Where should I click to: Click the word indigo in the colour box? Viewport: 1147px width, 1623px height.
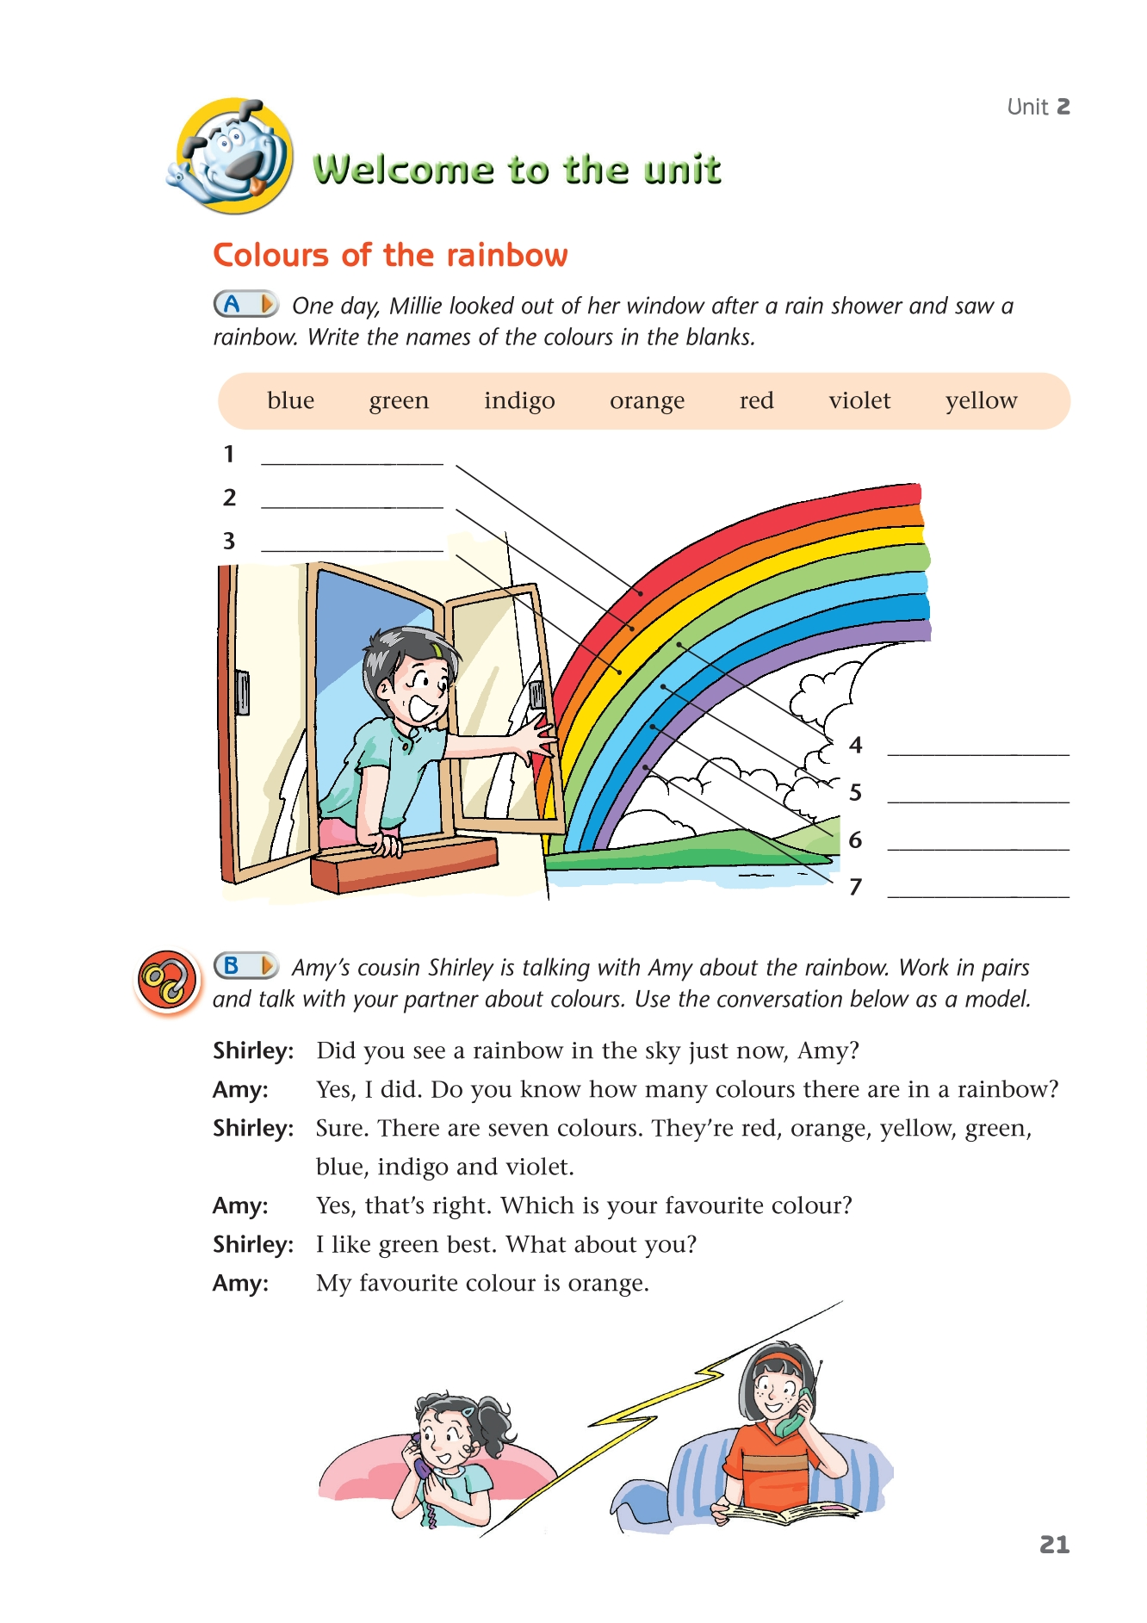click(x=519, y=400)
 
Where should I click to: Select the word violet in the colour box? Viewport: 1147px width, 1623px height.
click(x=859, y=400)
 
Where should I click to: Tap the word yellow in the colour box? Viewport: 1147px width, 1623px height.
click(x=981, y=400)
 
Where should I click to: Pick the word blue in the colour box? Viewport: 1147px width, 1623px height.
click(x=290, y=400)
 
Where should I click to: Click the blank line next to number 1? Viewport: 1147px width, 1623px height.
click(x=351, y=462)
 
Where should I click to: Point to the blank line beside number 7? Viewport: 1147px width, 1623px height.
click(x=977, y=895)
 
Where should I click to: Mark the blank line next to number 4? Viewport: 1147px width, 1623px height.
click(x=977, y=753)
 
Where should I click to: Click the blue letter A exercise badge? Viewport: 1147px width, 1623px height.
click(x=245, y=304)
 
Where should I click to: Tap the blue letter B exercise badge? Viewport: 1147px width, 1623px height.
click(x=245, y=965)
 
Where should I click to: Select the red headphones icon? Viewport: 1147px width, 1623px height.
click(x=167, y=981)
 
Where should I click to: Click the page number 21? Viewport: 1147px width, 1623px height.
click(x=1054, y=1545)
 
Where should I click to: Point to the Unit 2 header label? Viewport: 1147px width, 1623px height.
click(x=1038, y=107)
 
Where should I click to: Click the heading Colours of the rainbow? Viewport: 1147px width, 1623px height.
click(x=390, y=256)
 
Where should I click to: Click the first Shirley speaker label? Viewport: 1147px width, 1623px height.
click(x=253, y=1050)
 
